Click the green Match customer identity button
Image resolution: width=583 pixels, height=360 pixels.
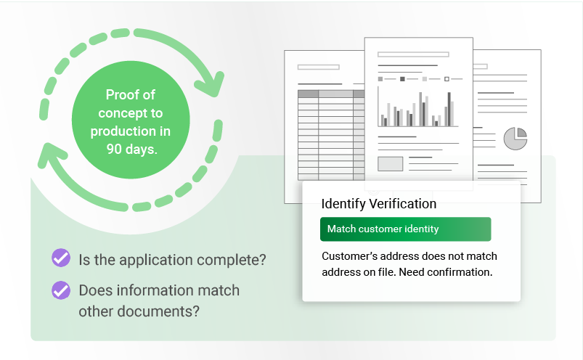[405, 229]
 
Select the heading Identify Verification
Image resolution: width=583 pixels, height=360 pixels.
[378, 204]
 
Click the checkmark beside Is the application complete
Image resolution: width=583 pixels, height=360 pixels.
[61, 258]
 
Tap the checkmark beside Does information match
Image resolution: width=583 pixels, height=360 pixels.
[61, 290]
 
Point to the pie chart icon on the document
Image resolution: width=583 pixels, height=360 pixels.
[515, 138]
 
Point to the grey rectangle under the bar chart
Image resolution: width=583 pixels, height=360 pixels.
[390, 163]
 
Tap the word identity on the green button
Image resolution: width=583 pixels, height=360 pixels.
[421, 229]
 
